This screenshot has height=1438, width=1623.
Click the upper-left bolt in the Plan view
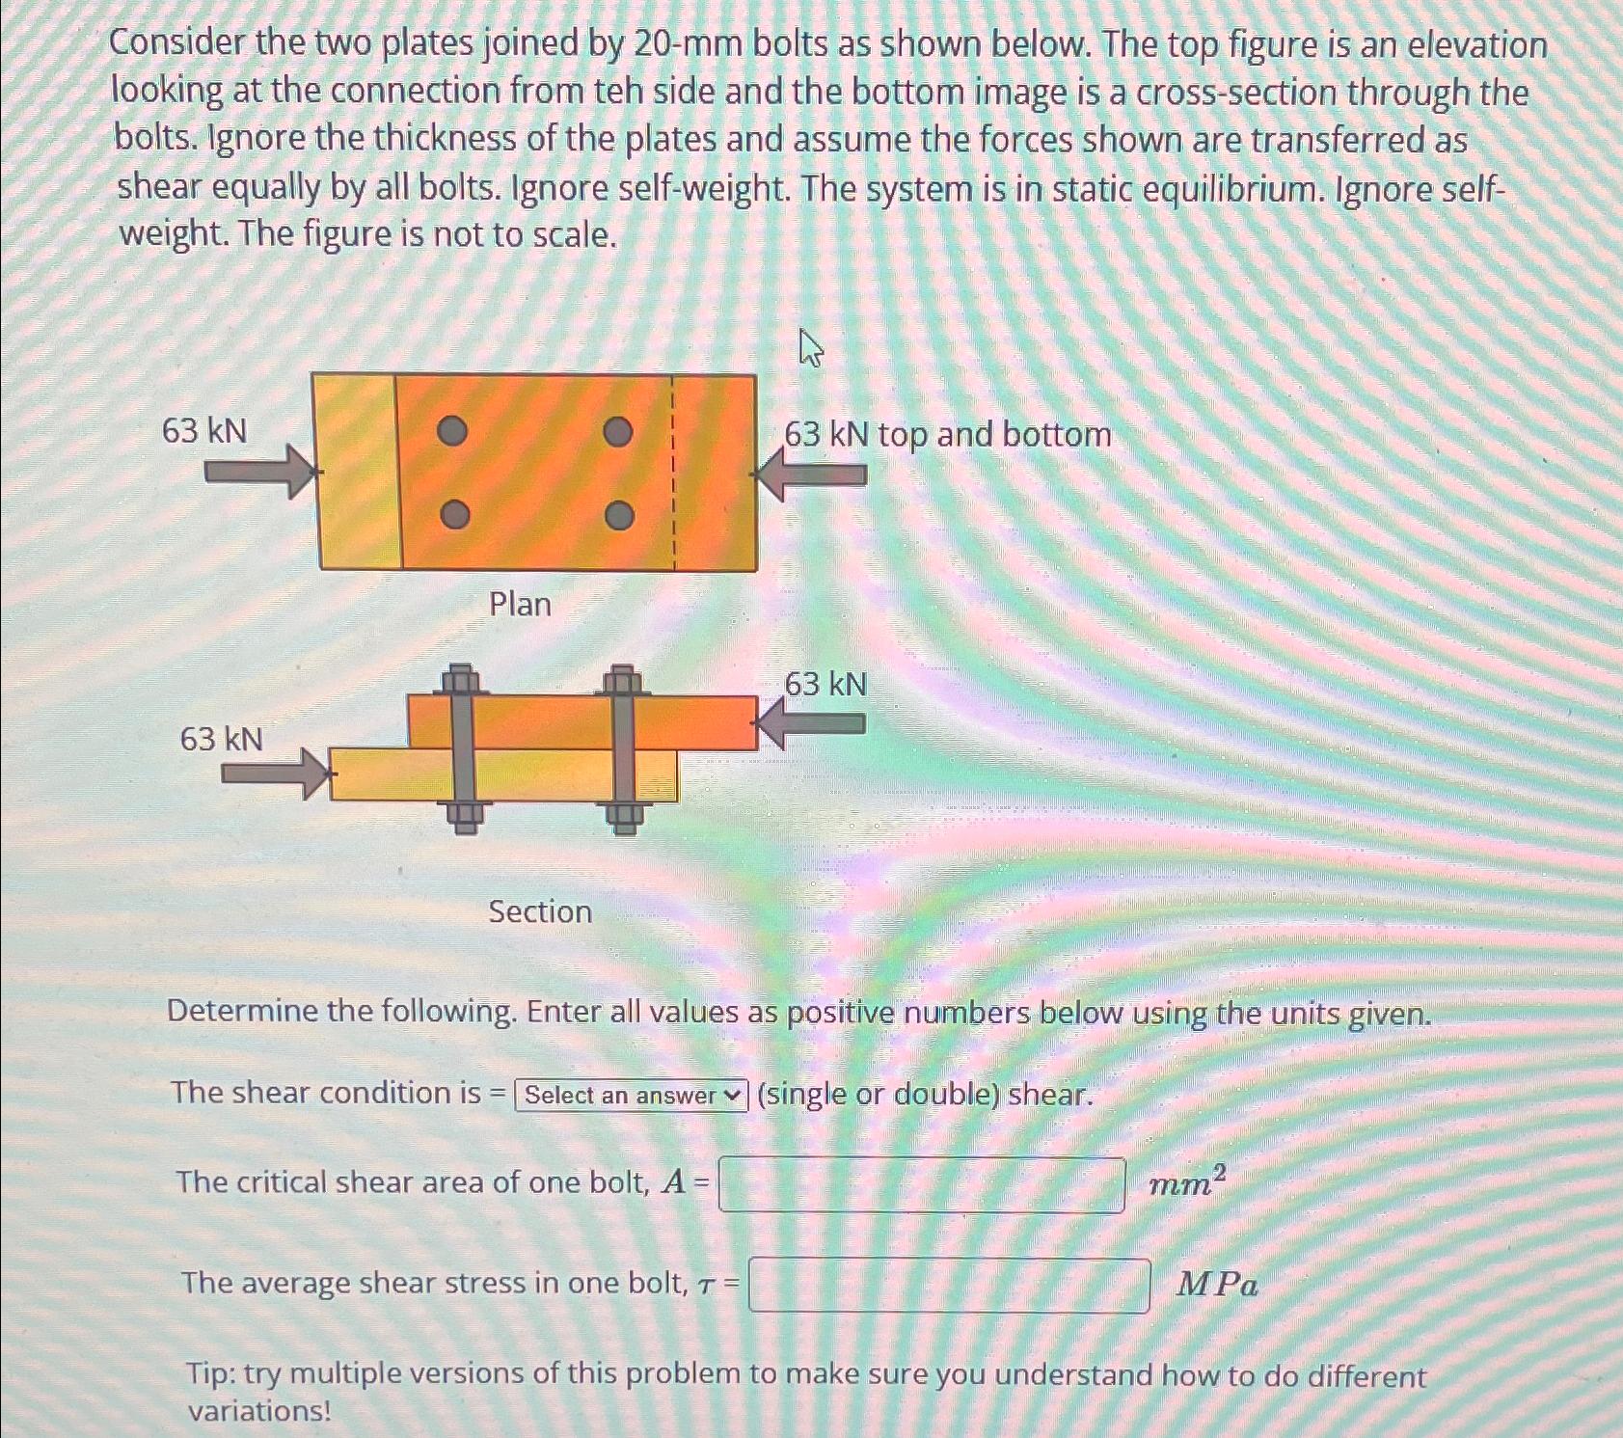(452, 431)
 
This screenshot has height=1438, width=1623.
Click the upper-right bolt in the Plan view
(618, 431)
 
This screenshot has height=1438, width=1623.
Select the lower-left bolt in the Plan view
(455, 515)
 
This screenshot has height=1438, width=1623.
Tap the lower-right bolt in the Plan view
(620, 516)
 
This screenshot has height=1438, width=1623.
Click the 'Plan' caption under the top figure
(520, 605)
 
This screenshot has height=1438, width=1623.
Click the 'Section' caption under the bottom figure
(540, 911)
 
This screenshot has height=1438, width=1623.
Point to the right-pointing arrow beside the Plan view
(261, 472)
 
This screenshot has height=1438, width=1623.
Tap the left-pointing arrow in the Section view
(811, 724)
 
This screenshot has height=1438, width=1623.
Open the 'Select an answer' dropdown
(632, 1096)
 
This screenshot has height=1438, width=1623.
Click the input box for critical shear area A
(921, 1185)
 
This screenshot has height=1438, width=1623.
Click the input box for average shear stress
(949, 1286)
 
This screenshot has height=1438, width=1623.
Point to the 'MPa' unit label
(1217, 1286)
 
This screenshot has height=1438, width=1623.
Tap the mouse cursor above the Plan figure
(811, 347)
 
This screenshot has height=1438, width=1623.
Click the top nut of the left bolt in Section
(461, 679)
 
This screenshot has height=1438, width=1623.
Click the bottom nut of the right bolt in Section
(624, 818)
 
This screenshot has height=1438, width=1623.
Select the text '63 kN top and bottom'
(947, 434)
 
